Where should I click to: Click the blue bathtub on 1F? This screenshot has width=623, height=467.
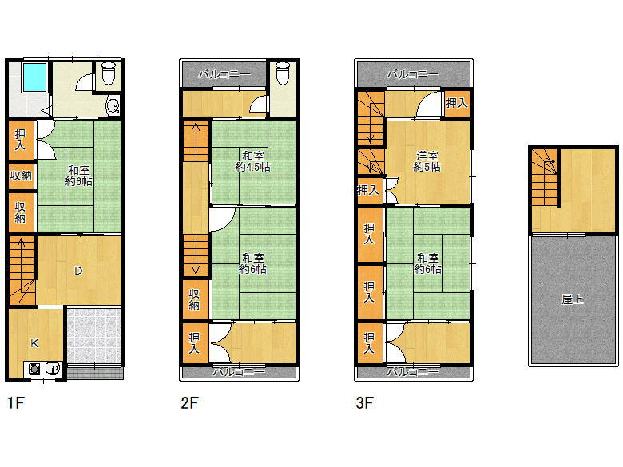pos(34,77)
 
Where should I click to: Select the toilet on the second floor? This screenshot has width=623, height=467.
pos(283,73)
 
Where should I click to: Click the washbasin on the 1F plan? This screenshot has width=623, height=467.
pos(113,105)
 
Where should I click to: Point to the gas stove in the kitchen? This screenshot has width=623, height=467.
pos(34,370)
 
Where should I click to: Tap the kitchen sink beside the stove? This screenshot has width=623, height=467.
pos(53,370)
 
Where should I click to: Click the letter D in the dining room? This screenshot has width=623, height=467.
pos(78,271)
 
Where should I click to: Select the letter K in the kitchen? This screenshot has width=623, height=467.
pos(34,343)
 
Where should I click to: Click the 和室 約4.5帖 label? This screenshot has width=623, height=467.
pos(252,161)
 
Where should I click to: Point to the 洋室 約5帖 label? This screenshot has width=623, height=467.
pos(427,161)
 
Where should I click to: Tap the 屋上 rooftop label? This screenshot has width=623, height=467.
pos(573,299)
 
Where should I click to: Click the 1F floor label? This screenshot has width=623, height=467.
pos(16,402)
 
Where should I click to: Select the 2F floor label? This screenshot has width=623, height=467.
pos(189,402)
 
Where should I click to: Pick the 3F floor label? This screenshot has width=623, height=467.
pos(364,402)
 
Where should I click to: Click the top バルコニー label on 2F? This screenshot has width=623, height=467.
pos(224,74)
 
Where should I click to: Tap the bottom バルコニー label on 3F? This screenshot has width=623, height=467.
pos(413,372)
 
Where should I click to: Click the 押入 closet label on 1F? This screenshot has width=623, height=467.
pos(20,140)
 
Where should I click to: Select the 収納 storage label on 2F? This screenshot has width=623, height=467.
pos(194,299)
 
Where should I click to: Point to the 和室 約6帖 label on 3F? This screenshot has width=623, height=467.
pos(427,263)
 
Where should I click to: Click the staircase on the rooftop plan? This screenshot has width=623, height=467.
pos(544,177)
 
